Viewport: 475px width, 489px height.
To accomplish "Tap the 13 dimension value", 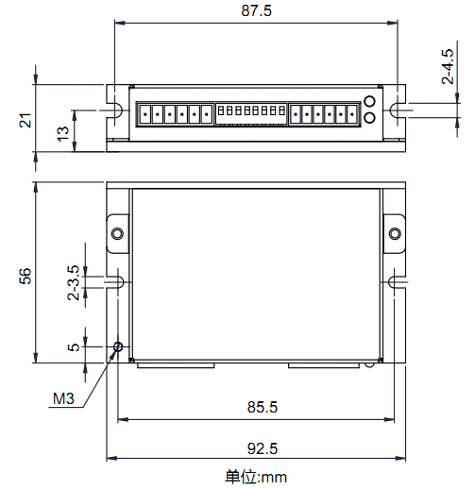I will point(62,132).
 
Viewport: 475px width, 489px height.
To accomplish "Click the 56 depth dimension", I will point(26,275).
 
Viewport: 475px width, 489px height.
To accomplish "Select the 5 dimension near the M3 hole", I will point(74,346).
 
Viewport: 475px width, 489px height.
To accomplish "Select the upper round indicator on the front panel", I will point(369,102).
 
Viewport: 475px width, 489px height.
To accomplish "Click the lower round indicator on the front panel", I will point(369,117).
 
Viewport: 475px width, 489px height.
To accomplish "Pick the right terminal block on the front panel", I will point(325,114).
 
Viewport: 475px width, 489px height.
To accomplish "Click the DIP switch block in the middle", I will point(250,113).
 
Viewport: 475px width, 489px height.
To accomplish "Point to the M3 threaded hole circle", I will point(118,346).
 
